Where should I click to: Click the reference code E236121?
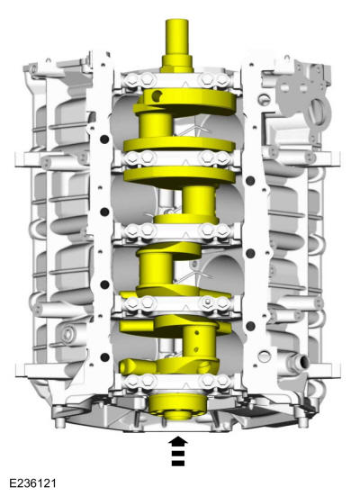pos(32,483)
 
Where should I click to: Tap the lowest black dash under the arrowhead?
pos(178,464)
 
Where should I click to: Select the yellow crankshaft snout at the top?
pos(177,46)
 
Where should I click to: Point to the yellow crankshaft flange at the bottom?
pos(178,407)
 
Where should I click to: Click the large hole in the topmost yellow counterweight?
pos(157,95)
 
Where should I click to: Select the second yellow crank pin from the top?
pos(199,201)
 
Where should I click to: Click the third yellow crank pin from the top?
pos(156,269)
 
